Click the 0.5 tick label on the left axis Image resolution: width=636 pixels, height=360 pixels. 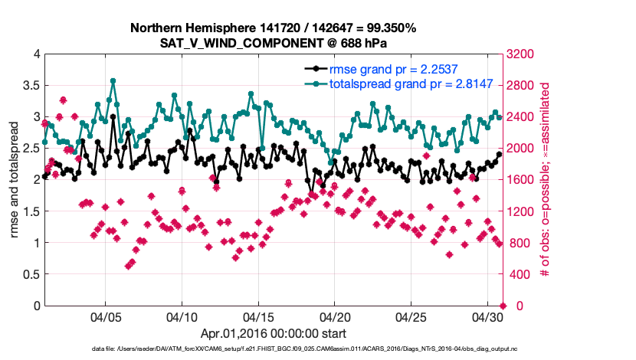point(31,274)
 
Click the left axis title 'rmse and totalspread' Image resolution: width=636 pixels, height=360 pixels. point(15,180)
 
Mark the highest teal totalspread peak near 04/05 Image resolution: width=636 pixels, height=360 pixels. point(113,80)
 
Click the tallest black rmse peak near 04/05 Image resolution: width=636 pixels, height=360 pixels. point(113,117)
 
